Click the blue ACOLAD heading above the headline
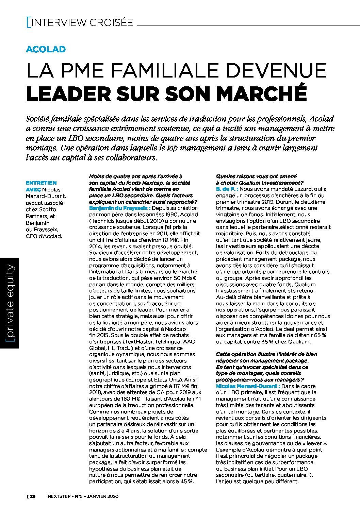point(46,49)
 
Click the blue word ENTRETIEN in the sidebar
point(42,183)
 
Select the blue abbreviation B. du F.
point(227,189)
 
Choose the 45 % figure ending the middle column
point(186,481)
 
